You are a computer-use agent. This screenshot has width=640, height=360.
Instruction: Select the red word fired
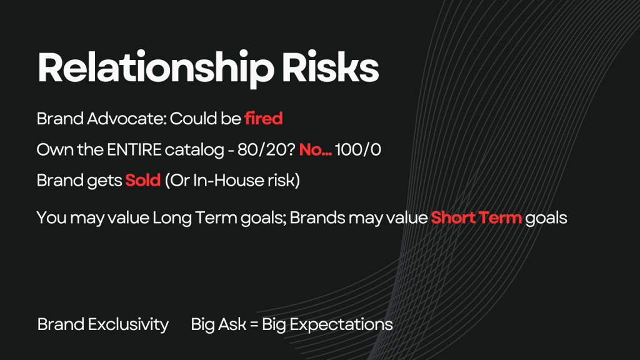tap(264, 118)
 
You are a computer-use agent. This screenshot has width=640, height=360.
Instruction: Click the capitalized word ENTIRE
tap(134, 149)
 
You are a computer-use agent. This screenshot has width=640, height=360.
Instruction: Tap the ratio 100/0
tap(358, 149)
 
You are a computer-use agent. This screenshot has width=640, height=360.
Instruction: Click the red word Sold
tap(143, 180)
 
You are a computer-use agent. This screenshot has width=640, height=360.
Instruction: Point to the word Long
tap(172, 218)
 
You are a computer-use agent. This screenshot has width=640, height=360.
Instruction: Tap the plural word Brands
tap(317, 217)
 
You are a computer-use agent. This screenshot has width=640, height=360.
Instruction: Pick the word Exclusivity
tap(128, 325)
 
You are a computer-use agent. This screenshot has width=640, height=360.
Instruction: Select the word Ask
tap(232, 324)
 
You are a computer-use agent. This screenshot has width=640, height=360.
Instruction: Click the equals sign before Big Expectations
tap(254, 325)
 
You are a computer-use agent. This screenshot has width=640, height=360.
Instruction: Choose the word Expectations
tap(341, 325)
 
